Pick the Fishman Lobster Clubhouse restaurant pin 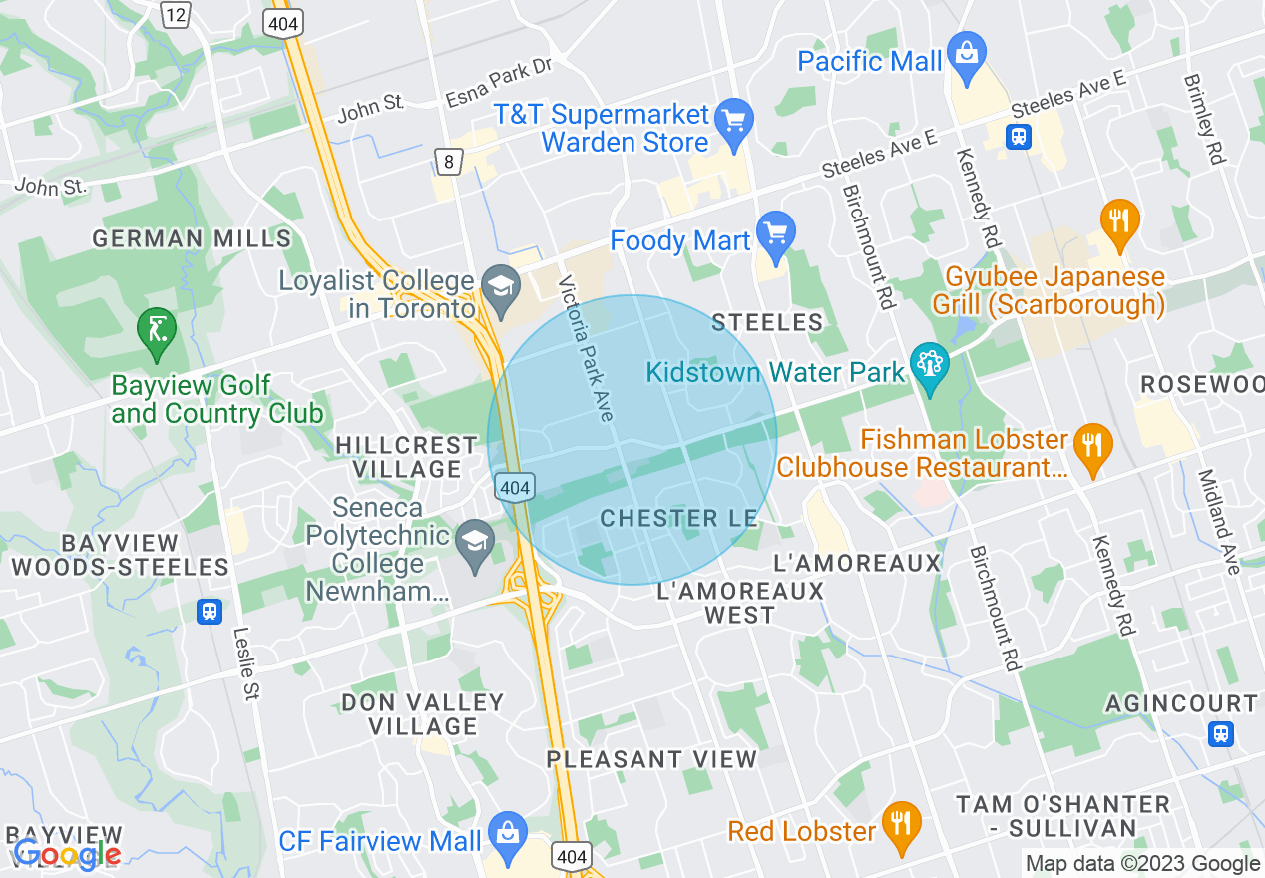(x=1093, y=443)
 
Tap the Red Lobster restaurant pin (x=902, y=824)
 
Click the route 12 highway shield (x=176, y=14)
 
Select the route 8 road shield (x=449, y=160)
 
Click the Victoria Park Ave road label (x=586, y=347)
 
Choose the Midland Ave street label (x=1219, y=521)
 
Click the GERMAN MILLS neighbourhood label (x=192, y=239)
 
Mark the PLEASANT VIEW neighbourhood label (x=651, y=759)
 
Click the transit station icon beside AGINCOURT (x=1220, y=734)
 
